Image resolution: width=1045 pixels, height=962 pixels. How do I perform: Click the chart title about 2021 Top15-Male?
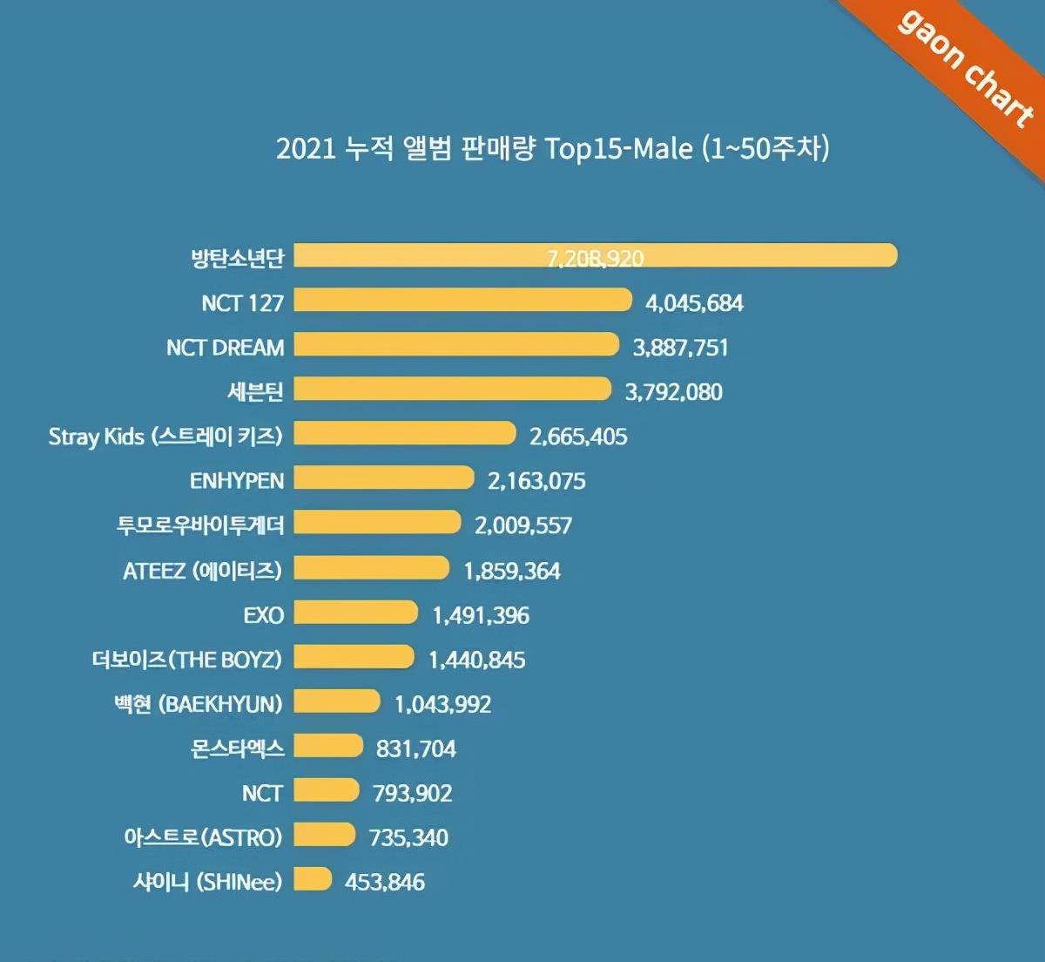point(552,148)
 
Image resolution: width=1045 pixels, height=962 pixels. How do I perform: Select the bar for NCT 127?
point(462,301)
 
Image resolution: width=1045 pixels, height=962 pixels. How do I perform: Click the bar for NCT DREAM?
point(456,345)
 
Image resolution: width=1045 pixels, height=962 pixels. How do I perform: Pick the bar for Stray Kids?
point(405,434)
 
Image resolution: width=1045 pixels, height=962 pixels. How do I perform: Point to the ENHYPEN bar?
point(384,478)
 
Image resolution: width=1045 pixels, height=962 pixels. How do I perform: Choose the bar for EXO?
point(355,613)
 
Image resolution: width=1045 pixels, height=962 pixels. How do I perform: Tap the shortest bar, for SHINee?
point(313,879)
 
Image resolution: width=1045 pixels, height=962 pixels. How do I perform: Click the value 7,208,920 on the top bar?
point(596,258)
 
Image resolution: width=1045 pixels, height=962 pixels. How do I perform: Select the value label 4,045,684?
point(694,303)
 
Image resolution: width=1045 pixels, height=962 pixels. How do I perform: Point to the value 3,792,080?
point(673,392)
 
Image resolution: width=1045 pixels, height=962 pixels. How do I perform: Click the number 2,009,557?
point(523,525)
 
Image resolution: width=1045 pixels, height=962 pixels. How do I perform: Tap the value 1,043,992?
point(442,704)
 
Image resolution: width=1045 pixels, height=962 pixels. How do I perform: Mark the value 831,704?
point(415,749)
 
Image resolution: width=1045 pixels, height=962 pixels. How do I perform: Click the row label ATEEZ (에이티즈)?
point(203,571)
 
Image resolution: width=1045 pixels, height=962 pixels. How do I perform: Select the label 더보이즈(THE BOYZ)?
point(187,660)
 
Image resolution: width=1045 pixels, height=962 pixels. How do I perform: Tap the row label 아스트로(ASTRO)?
point(203,837)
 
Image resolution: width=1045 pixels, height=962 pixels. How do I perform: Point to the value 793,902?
point(412,793)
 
